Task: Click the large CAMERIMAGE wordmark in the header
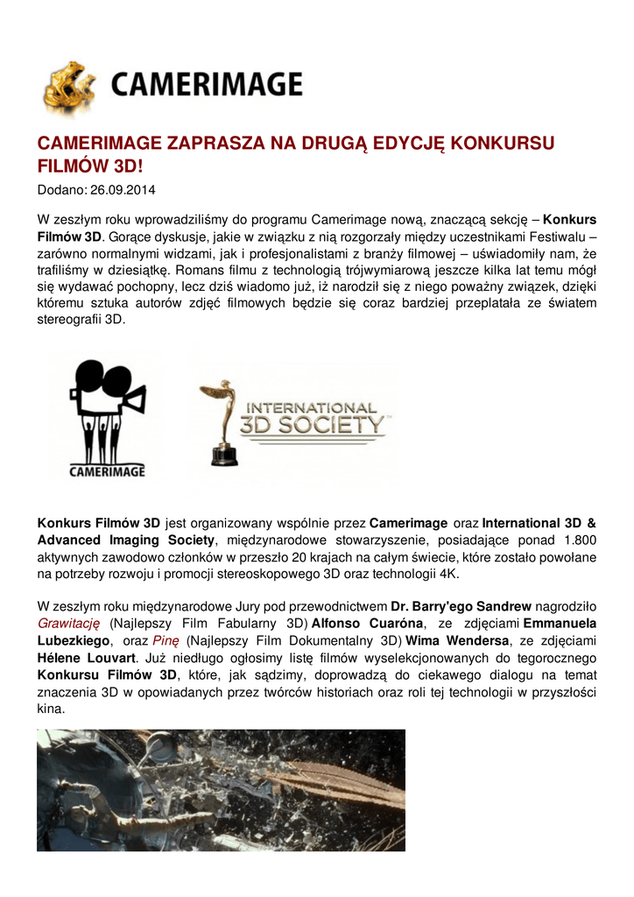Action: click(207, 85)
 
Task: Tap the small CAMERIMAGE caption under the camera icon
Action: click(107, 471)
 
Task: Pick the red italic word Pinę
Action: click(166, 640)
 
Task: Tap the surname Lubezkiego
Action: click(74, 640)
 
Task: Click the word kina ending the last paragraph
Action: click(50, 708)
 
